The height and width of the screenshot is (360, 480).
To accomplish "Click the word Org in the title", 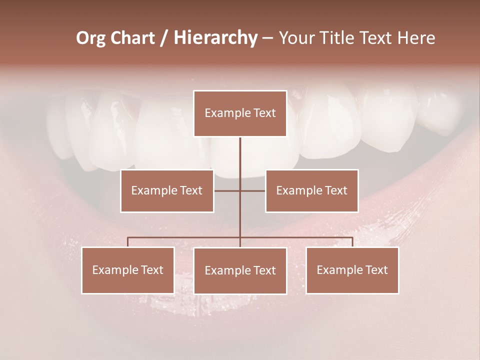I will [91, 38].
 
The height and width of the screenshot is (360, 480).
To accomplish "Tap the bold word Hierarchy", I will [215, 38].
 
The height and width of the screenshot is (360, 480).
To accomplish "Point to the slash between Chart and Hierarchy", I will [163, 38].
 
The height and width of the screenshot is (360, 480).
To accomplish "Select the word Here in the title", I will [416, 38].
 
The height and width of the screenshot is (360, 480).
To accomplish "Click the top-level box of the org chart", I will [240, 113].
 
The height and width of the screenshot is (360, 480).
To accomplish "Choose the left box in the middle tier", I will [167, 190].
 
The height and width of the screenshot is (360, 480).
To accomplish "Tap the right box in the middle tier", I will [311, 190].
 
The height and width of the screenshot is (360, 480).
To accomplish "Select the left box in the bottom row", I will [128, 270].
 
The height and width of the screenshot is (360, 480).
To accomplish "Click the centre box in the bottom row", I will [240, 270].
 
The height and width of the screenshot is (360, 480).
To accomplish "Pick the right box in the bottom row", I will [352, 270].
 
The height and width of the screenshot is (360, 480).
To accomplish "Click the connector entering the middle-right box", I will [253, 190].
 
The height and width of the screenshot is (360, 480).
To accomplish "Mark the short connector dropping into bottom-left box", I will [128, 242].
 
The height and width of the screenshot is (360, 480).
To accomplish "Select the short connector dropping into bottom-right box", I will [352, 242].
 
